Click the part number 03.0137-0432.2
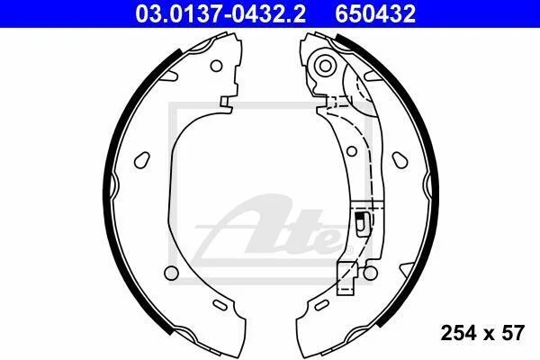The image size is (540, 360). click(220, 14)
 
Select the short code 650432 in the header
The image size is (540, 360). click(375, 14)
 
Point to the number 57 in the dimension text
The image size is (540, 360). click(513, 333)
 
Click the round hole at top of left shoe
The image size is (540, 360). click(216, 66)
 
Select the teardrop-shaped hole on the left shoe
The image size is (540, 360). click(142, 160)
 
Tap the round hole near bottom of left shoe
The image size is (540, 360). click(171, 273)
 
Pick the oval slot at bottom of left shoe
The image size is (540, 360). click(220, 305)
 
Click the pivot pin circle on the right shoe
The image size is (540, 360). click(325, 66)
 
